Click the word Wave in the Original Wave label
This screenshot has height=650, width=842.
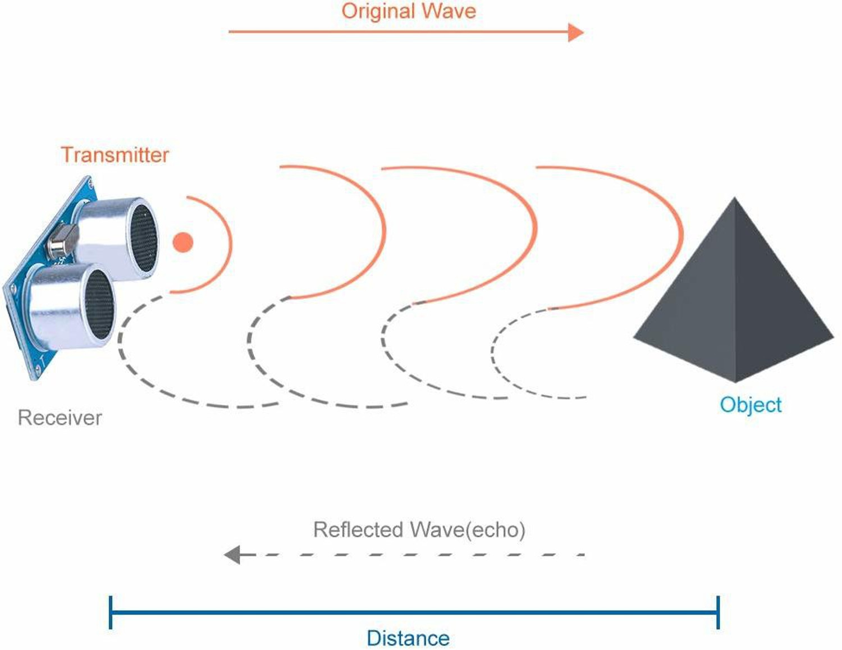click(x=449, y=11)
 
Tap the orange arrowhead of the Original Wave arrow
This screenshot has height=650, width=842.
click(x=576, y=32)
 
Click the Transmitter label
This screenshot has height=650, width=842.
click(x=115, y=155)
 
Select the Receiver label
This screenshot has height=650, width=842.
click(x=60, y=418)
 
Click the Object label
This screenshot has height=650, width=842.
click(x=751, y=405)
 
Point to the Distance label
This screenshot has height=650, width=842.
click(x=408, y=638)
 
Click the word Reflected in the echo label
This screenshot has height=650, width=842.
click(x=358, y=529)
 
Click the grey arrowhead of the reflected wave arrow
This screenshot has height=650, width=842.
click(x=232, y=555)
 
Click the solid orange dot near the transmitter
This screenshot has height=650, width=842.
click(x=183, y=242)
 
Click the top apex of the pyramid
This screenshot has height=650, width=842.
click(x=734, y=198)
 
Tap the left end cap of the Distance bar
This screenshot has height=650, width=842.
click(x=111, y=612)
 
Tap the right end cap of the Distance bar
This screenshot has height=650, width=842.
click(x=718, y=612)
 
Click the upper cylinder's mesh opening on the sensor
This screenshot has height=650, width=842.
click(x=144, y=238)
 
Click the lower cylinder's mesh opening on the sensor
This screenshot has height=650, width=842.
click(x=99, y=304)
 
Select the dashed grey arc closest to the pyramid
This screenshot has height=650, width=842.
click(x=493, y=353)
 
